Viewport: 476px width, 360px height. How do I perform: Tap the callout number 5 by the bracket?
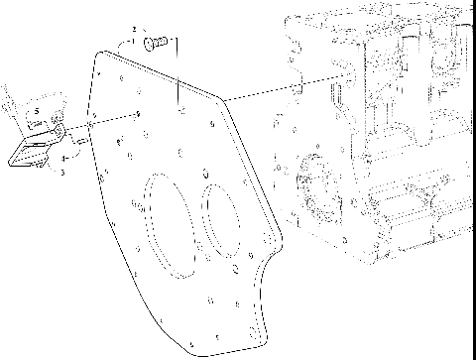click(36, 111)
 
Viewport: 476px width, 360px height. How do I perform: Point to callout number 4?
click(64, 158)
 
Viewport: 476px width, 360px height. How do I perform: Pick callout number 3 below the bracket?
click(61, 173)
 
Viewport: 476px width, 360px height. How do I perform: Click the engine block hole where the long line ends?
click(346, 73)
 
